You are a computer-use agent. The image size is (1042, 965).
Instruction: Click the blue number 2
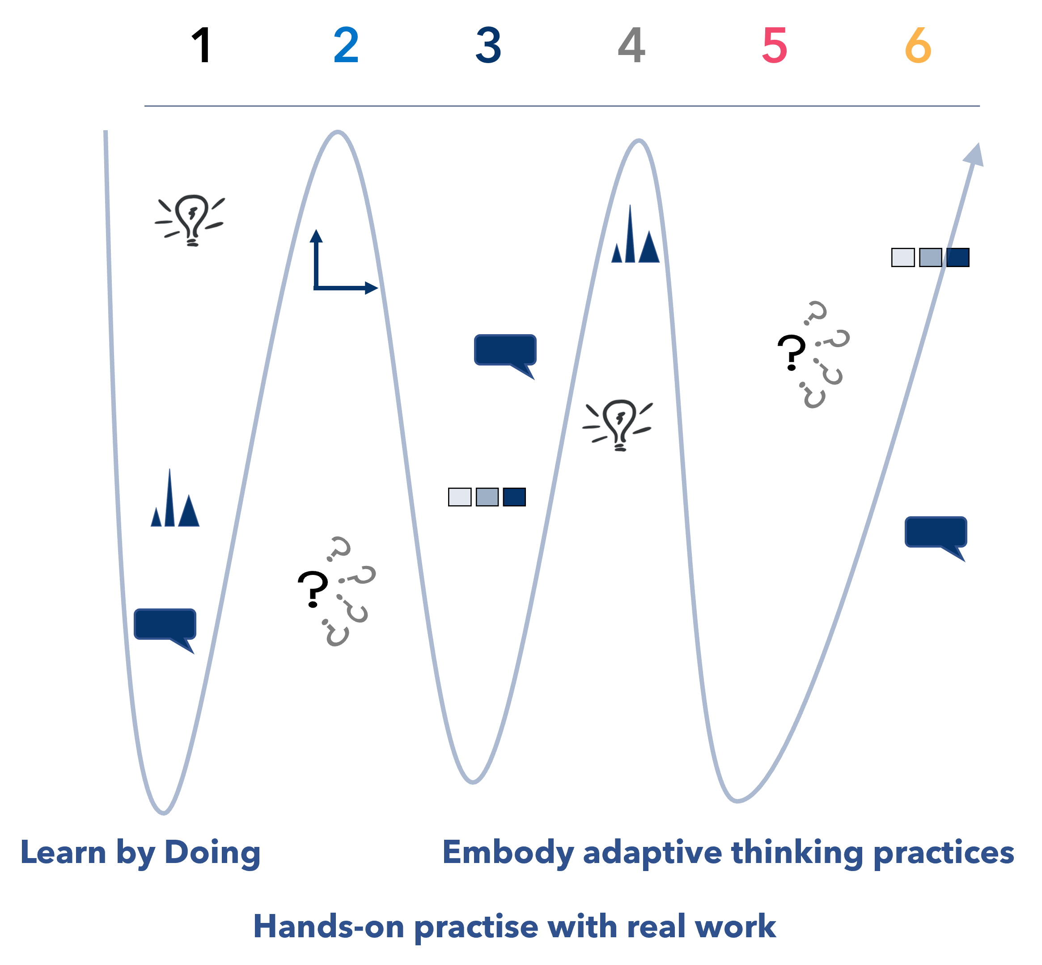click(x=346, y=46)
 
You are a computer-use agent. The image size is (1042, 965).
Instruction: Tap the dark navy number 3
click(x=489, y=46)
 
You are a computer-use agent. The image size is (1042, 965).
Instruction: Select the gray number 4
click(x=631, y=46)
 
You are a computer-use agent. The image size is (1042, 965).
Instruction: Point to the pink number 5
click(x=774, y=46)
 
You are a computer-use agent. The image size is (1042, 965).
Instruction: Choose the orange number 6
click(x=918, y=46)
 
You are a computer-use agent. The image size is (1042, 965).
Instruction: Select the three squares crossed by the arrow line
click(x=930, y=257)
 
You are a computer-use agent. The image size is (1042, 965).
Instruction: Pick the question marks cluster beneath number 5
click(x=823, y=355)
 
